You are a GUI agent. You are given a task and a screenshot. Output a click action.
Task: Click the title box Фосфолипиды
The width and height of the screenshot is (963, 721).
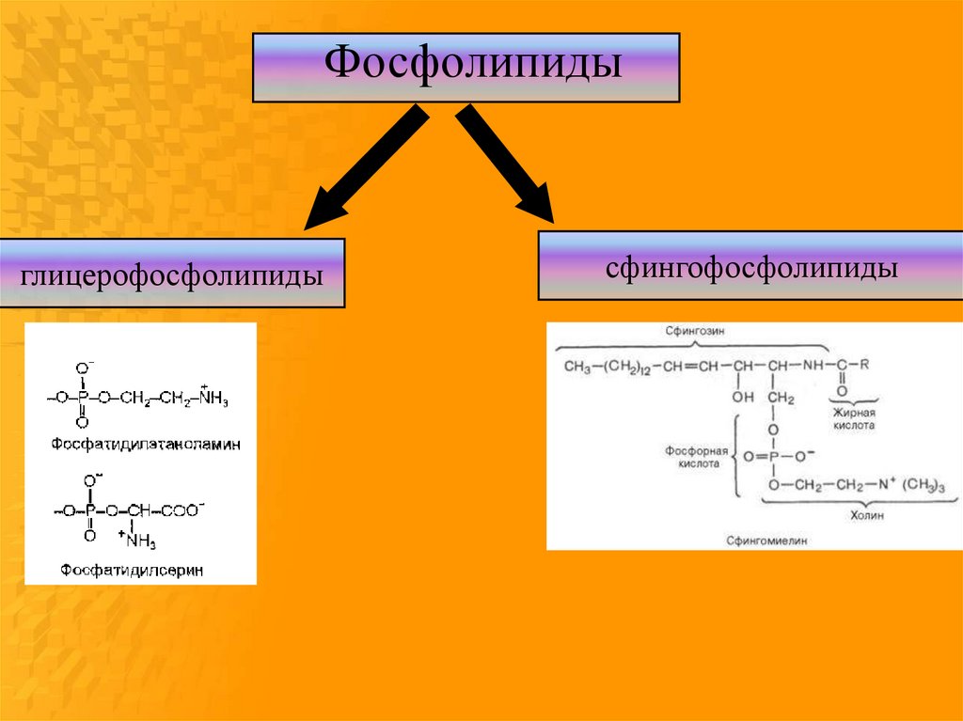click(x=466, y=68)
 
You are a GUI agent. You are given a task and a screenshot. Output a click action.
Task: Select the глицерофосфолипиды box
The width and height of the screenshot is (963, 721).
click(x=171, y=274)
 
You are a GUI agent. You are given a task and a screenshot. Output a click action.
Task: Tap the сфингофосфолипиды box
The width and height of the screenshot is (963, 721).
click(x=750, y=267)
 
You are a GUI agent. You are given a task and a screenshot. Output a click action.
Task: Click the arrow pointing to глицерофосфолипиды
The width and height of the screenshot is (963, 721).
click(x=362, y=169)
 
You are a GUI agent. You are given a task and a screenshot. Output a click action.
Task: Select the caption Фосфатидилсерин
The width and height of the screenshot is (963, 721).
click(x=133, y=570)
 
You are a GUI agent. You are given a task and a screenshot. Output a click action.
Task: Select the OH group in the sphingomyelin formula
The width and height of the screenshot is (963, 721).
click(x=743, y=398)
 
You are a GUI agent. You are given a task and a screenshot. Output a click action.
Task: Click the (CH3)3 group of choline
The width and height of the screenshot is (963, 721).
click(x=926, y=485)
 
